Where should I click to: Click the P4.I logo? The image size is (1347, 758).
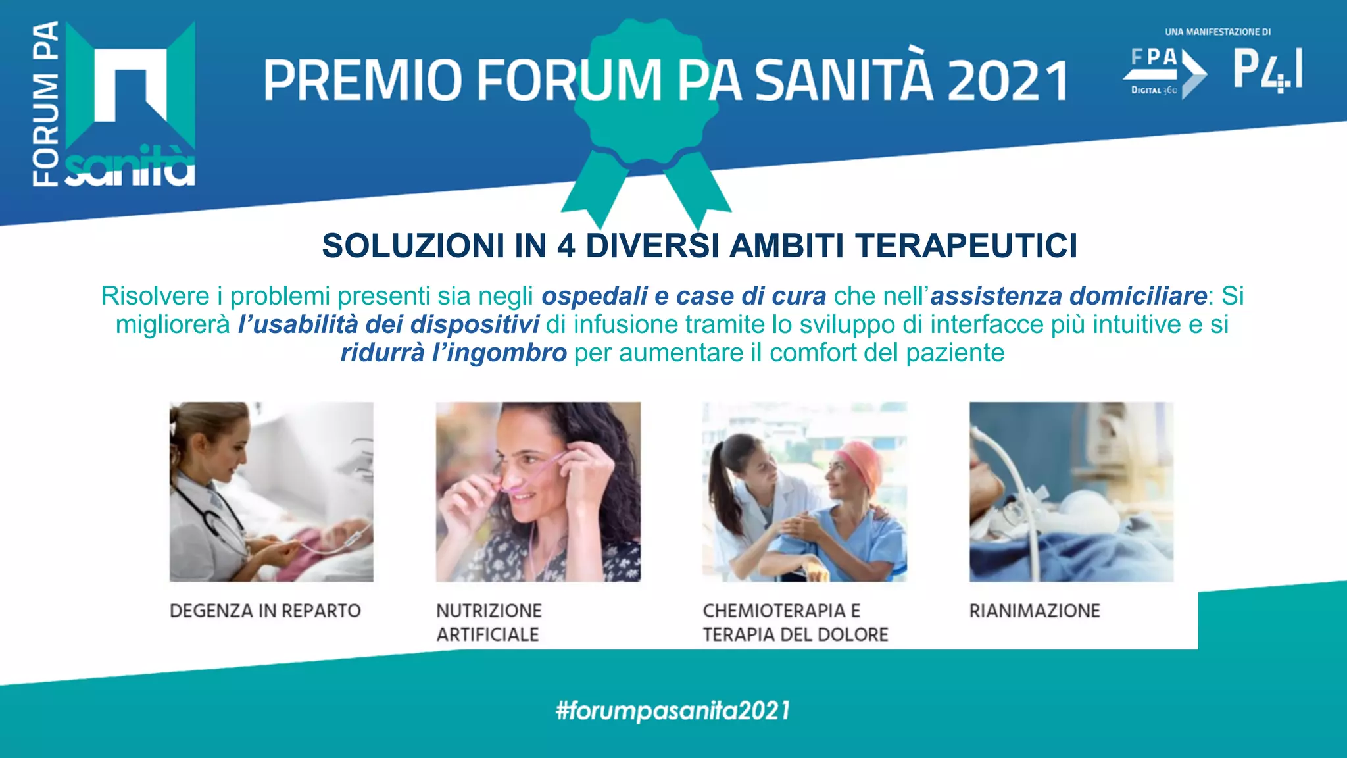(1267, 69)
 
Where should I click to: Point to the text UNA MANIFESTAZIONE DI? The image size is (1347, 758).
(1217, 32)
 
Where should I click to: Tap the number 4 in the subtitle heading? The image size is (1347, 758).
(566, 246)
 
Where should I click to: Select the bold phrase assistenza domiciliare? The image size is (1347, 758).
(1068, 296)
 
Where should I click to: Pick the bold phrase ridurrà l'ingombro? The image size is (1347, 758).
(453, 353)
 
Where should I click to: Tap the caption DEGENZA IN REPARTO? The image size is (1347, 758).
(265, 611)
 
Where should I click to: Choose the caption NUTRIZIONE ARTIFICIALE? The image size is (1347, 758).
(489, 622)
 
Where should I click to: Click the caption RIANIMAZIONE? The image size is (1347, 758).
(1034, 611)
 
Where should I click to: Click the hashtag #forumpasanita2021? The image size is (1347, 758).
(673, 711)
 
